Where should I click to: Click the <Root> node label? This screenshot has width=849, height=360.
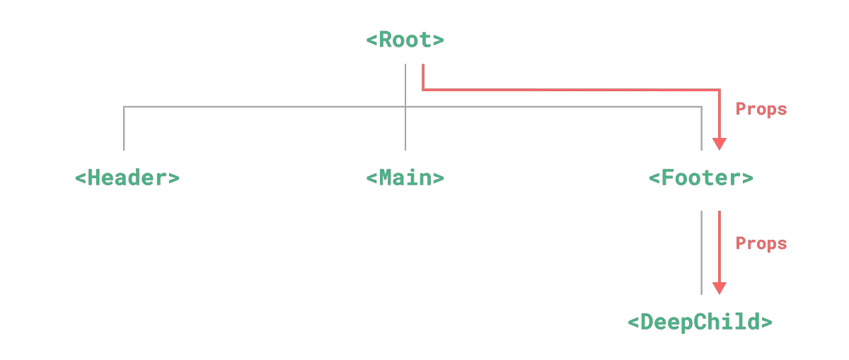click(405, 40)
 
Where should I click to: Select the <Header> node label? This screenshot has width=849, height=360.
click(127, 178)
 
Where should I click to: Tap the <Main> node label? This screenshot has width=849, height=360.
click(405, 178)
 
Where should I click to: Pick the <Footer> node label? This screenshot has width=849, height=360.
click(701, 178)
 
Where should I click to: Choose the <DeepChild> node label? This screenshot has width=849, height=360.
click(700, 322)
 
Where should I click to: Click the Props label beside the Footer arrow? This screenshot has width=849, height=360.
click(761, 109)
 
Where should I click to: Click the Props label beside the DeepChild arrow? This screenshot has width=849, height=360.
click(761, 244)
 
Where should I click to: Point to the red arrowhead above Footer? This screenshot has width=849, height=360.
click(720, 144)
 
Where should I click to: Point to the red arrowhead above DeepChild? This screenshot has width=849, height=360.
click(720, 289)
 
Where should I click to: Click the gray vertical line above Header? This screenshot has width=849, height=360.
click(124, 129)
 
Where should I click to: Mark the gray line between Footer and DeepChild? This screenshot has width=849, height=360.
click(702, 252)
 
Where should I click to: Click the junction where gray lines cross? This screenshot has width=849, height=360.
click(405, 107)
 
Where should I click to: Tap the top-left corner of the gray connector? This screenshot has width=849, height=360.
click(124, 107)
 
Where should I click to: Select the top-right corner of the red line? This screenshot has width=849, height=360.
click(720, 90)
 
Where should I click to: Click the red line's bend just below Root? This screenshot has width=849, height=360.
click(423, 90)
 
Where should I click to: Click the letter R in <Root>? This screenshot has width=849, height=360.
click(385, 40)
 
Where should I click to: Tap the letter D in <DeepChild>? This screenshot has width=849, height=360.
click(647, 322)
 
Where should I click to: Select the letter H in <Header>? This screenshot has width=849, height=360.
click(94, 178)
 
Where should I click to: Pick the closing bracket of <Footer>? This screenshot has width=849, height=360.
click(747, 178)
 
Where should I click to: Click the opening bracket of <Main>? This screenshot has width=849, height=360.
click(371, 178)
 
